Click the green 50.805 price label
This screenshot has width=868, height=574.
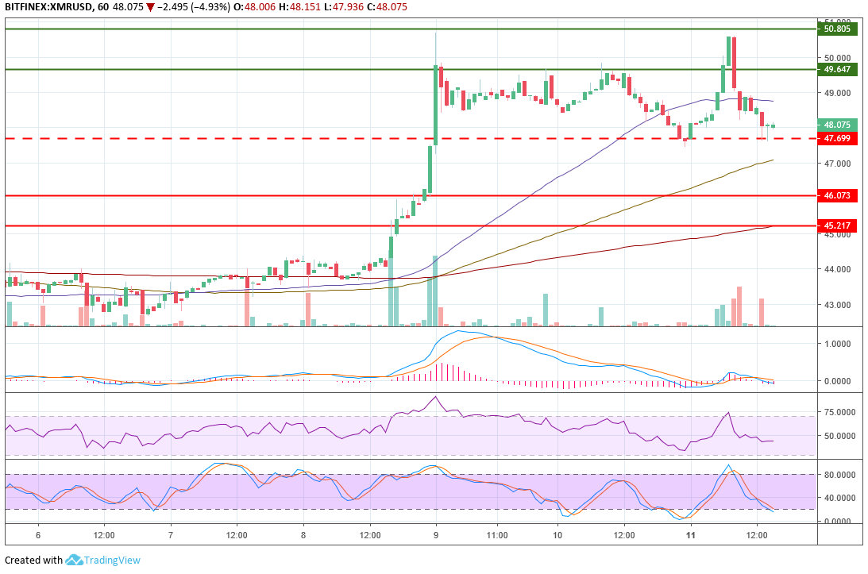(x=837, y=29)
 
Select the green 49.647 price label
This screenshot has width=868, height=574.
(x=837, y=70)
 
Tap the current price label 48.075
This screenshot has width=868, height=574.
(x=837, y=125)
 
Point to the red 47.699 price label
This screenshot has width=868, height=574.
(x=837, y=139)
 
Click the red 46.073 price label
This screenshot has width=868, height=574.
(x=837, y=195)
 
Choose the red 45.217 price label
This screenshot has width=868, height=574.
(x=837, y=225)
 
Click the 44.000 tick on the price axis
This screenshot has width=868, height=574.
(x=837, y=269)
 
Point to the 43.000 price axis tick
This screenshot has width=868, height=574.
(x=837, y=305)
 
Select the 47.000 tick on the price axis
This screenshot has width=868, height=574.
(x=837, y=164)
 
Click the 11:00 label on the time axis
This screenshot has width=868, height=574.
(x=497, y=535)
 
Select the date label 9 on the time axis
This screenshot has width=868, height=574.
(x=436, y=535)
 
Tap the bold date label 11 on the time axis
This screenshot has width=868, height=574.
(x=690, y=535)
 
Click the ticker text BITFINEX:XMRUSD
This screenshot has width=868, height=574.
(x=44, y=7)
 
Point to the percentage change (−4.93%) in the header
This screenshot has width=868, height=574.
(x=209, y=7)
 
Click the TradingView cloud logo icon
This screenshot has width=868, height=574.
(x=75, y=560)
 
